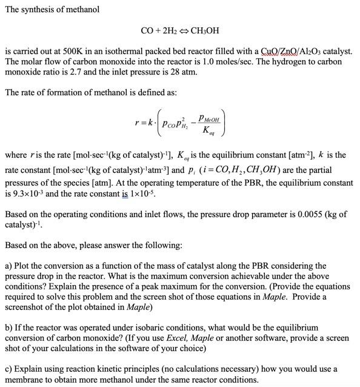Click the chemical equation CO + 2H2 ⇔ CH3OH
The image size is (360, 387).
[x=179, y=30]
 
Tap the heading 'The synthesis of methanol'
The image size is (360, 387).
[x=52, y=10]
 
